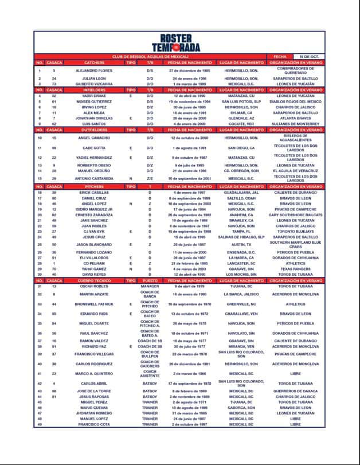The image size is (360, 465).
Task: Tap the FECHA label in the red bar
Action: pos(280,57)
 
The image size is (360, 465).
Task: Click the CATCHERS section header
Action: pos(95,62)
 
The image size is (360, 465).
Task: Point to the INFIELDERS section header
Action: pos(95,90)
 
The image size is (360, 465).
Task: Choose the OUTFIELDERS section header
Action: pos(95,130)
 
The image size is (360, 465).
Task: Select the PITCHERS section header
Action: pos(95,186)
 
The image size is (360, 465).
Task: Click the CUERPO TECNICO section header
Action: pos(95,280)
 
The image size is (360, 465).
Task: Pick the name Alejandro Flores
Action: pos(95,71)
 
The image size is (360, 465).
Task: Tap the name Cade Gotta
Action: pos(95,148)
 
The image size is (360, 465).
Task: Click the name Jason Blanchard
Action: pos(95,244)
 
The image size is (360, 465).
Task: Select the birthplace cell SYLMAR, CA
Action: pos(241,113)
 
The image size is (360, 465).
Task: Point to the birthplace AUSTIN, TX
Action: pos(241,244)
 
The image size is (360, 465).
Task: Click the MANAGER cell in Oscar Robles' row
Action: pos(150,286)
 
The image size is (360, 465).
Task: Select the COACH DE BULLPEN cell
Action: pos(150,354)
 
